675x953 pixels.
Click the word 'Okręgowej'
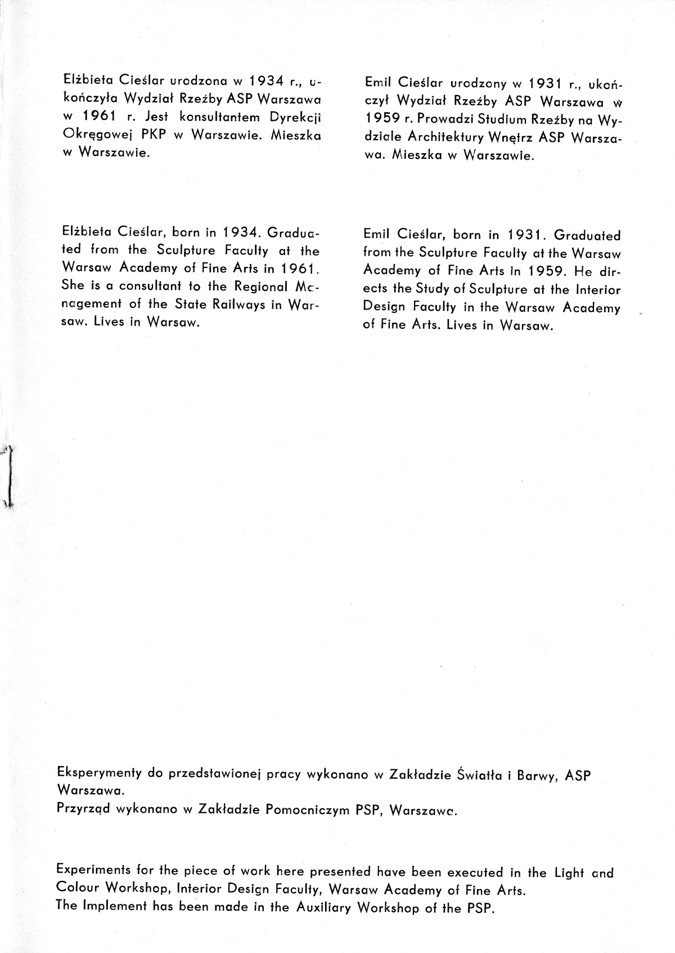pyautogui.click(x=97, y=135)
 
